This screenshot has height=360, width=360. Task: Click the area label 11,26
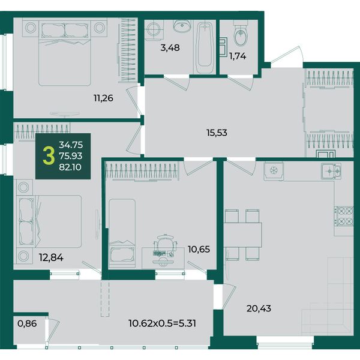coord(103,98)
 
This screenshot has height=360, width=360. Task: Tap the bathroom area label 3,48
coord(170,48)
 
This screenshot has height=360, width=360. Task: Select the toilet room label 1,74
coord(238,56)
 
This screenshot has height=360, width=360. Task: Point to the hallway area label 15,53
coord(217,133)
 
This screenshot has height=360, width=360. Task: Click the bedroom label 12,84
coord(51,257)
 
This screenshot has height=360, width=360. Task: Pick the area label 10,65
coord(199,249)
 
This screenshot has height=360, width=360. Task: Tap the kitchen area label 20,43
coord(259,308)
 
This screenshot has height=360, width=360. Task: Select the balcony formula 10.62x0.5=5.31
coord(163,323)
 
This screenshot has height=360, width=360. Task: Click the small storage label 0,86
coord(27,323)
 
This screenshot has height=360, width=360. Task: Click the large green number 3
coord(49,156)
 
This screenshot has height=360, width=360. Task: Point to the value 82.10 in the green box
coord(70,167)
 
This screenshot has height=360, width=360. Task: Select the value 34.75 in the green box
coord(71,145)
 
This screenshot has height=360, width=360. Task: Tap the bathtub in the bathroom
coord(205,47)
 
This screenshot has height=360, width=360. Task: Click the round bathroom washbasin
coord(182,25)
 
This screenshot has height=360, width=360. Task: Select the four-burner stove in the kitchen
coord(344,216)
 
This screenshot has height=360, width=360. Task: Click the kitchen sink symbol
coord(331,171)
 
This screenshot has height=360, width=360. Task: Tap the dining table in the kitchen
coord(242,235)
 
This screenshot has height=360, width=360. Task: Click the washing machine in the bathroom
coord(155,30)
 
